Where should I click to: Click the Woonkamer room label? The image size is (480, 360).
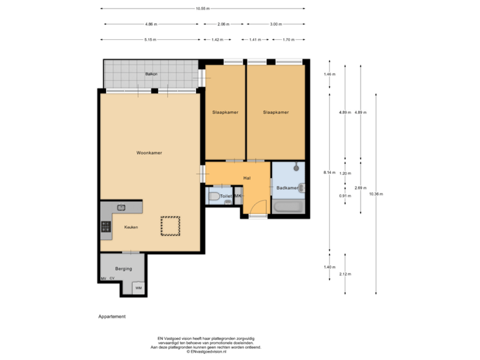click(149, 153)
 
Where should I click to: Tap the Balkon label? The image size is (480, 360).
click(151, 73)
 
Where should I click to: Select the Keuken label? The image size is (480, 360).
click(131, 227)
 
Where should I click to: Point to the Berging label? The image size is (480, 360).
click(123, 268)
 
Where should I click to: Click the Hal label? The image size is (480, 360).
click(247, 178)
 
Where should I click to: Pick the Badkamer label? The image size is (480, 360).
click(287, 188)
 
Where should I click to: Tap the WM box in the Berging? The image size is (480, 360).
click(139, 288)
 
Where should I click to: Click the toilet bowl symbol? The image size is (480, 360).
click(214, 196)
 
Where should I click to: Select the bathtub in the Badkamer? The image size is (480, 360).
click(287, 208)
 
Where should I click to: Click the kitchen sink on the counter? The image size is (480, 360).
click(121, 207)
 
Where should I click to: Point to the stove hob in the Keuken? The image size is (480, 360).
click(105, 227)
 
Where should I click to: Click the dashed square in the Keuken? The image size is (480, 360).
click(169, 226)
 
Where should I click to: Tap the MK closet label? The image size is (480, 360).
click(237, 197)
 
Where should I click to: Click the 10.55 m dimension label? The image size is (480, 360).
click(203, 9)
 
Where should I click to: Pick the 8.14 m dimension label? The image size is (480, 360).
click(329, 173)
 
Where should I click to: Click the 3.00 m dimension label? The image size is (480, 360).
click(275, 24)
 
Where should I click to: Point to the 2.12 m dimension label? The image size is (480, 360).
click(345, 274)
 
